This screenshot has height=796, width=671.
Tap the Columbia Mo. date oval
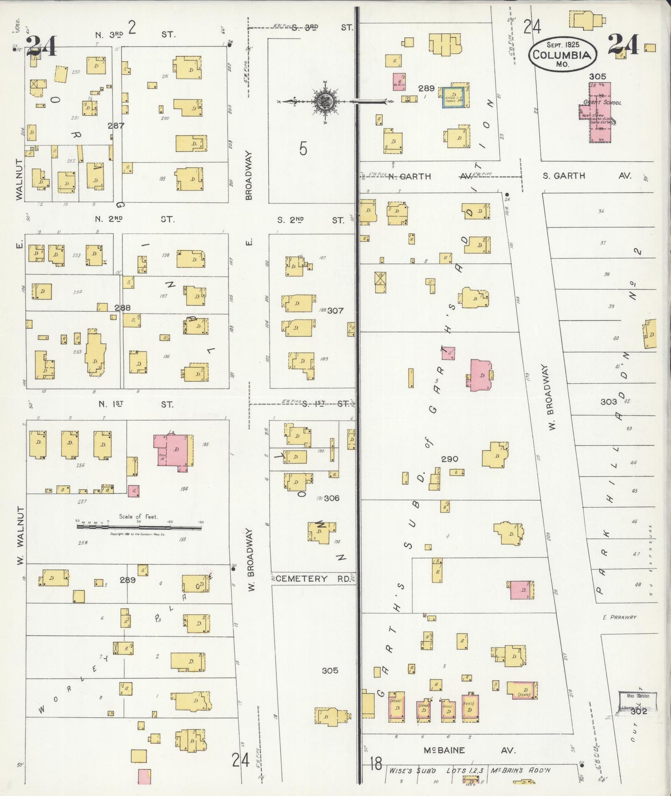(x=562, y=54)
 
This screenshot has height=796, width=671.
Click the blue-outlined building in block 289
(x=453, y=97)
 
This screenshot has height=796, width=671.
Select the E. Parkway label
(x=619, y=617)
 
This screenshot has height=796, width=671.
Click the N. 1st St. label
(x=135, y=405)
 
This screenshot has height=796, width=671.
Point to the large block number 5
(x=303, y=149)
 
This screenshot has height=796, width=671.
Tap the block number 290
(x=450, y=459)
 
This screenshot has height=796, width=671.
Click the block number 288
(x=123, y=307)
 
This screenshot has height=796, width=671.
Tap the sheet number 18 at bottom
(x=376, y=763)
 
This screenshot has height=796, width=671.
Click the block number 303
(x=608, y=401)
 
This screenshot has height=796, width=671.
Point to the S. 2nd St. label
(x=311, y=220)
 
